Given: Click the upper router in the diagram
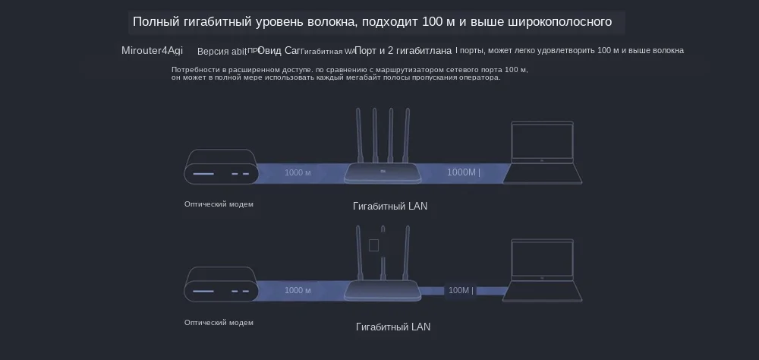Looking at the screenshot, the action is tap(383, 173).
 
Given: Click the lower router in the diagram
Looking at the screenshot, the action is tap(383, 291).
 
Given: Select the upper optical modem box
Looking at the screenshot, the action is tap(221, 168).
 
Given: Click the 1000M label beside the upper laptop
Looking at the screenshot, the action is tap(463, 172).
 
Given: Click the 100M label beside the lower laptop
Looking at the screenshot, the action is tap(460, 290).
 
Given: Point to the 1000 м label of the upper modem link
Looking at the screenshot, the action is tap(298, 172).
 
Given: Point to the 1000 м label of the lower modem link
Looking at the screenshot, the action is tap(298, 290).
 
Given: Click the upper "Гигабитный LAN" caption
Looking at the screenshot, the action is tap(390, 206).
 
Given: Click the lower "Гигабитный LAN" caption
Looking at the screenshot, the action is tap(392, 327).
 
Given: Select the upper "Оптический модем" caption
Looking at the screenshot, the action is tap(219, 204).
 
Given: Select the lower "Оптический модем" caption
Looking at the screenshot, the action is tap(219, 322).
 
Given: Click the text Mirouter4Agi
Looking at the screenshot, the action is tap(152, 51).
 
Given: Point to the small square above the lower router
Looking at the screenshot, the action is tap(373, 245).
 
